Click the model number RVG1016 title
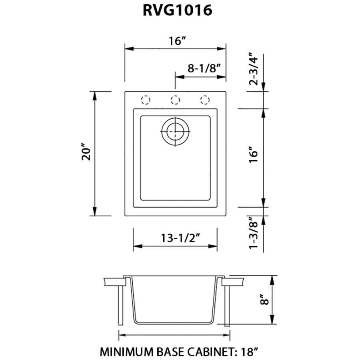[x=177, y=10]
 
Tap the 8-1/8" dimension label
[x=204, y=68]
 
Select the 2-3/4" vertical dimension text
[x=254, y=69]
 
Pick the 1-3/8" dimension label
[x=254, y=232]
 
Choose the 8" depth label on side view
[x=264, y=299]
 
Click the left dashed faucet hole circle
[x=146, y=100]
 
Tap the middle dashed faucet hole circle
[x=175, y=100]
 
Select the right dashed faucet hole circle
[x=205, y=100]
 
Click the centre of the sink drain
[x=175, y=132]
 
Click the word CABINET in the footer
[x=213, y=352]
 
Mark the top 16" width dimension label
[x=177, y=41]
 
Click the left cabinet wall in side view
[x=120, y=305]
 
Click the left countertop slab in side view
[x=115, y=282]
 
